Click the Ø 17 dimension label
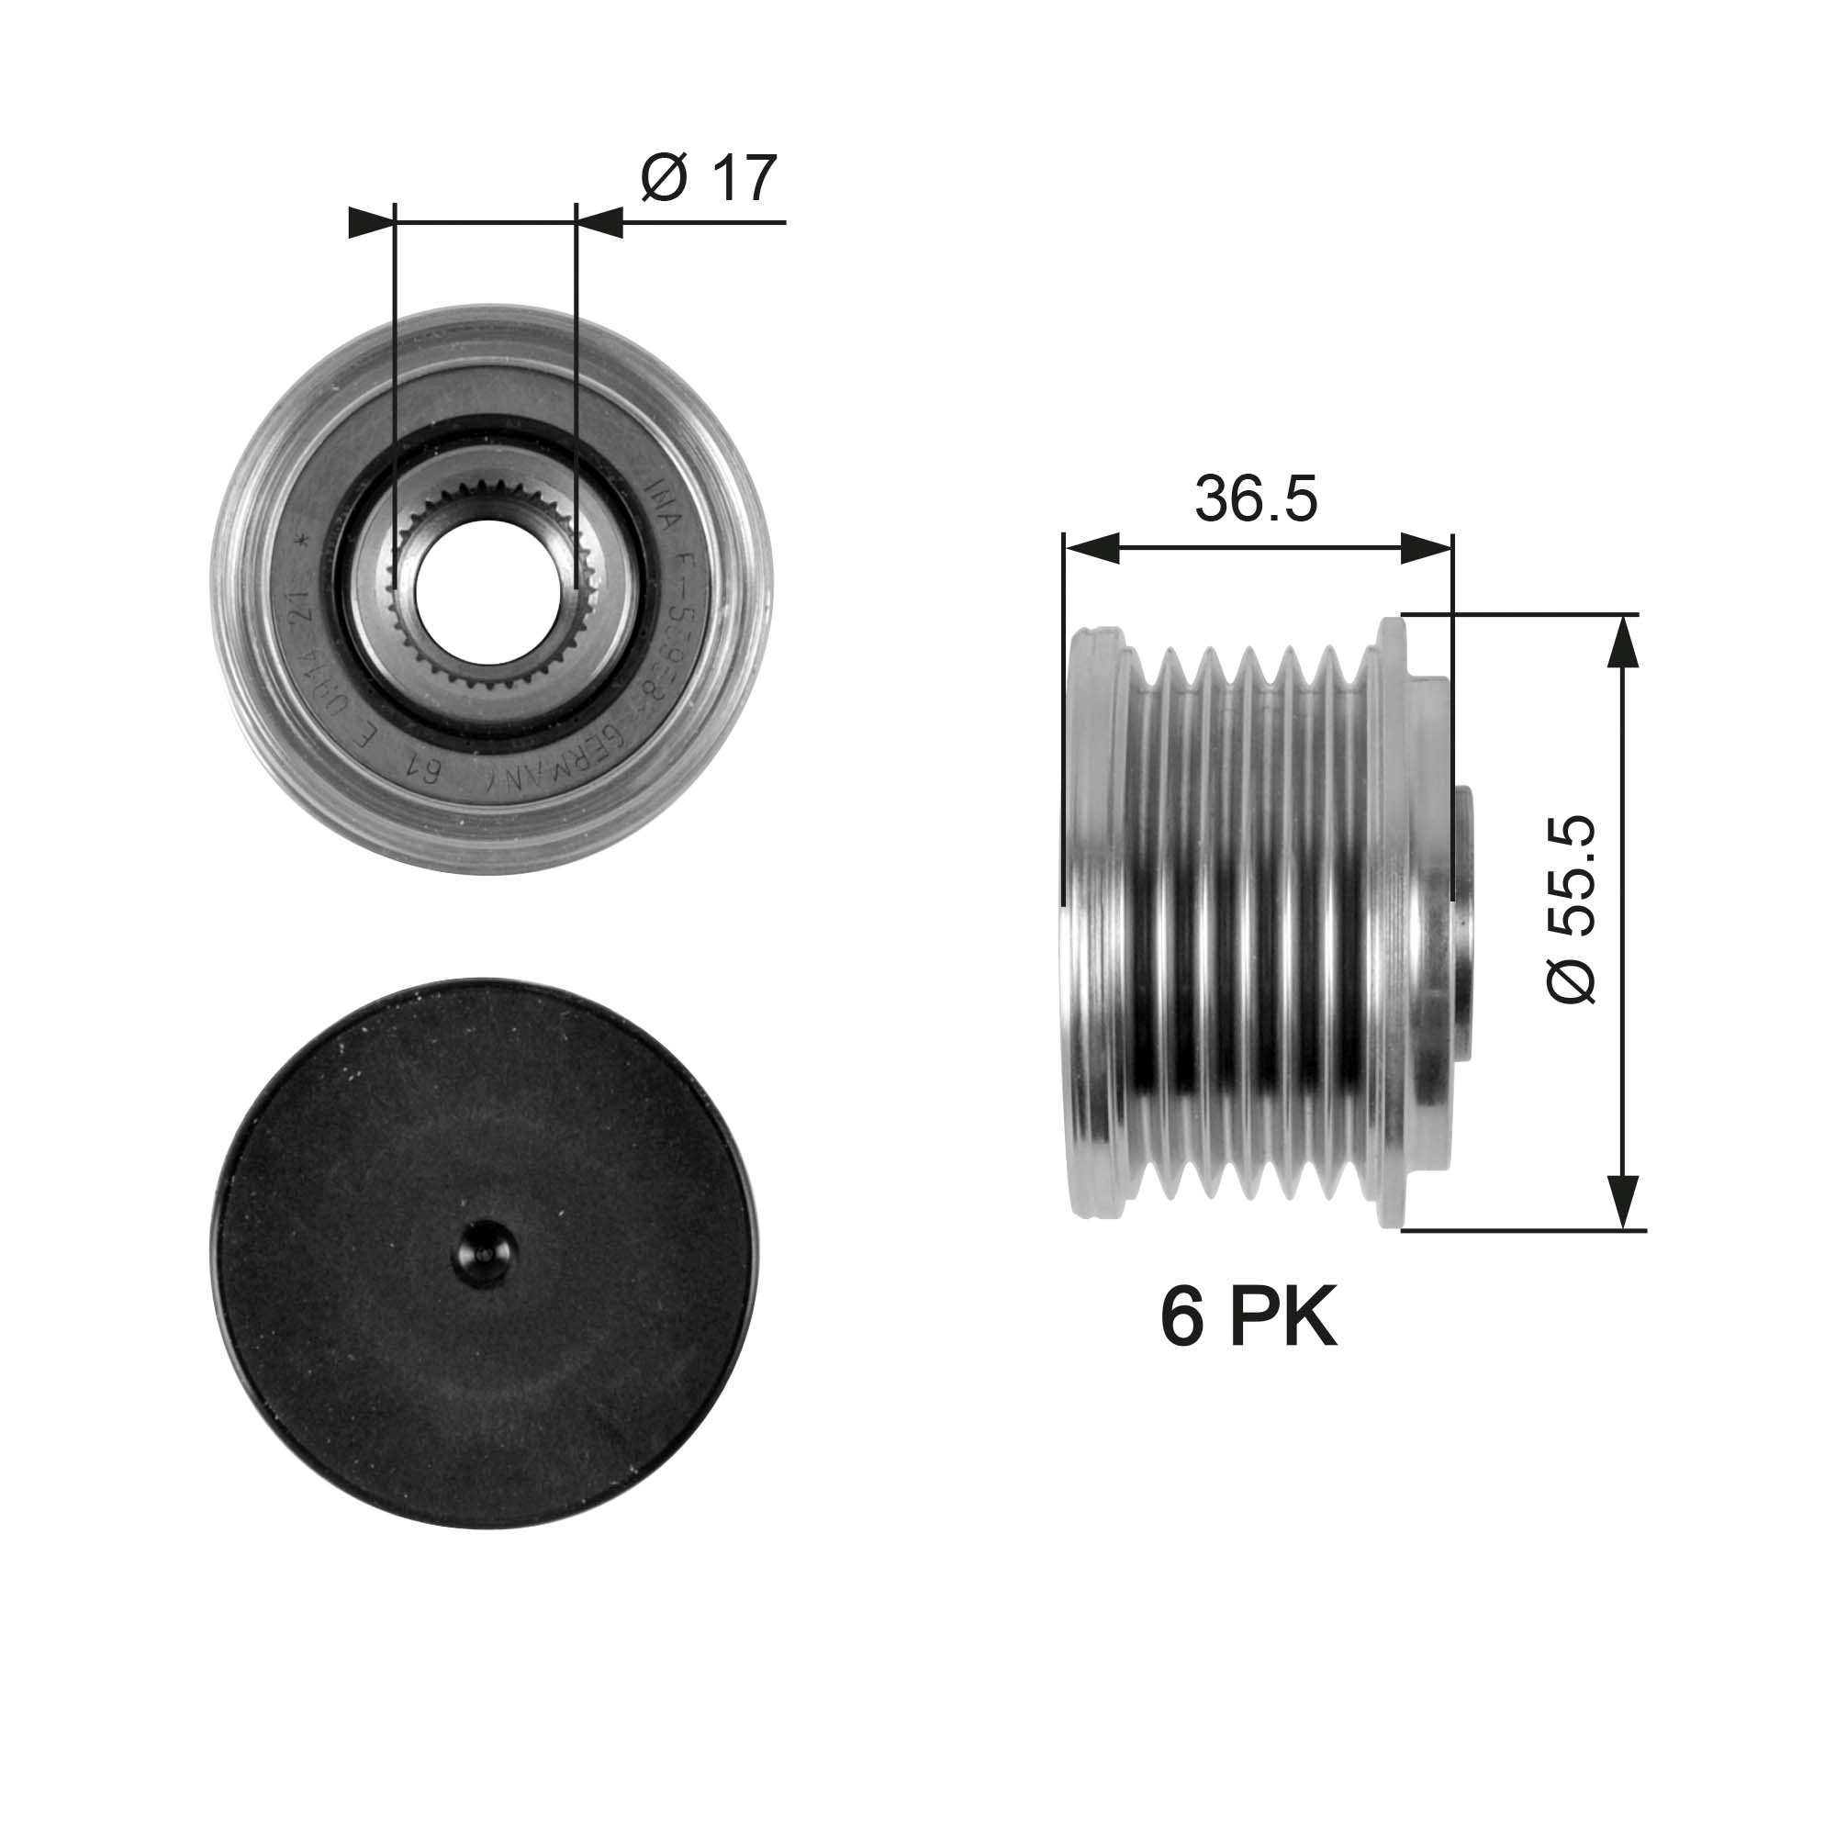pyautogui.click(x=709, y=177)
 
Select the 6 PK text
pyautogui.click(x=1248, y=1317)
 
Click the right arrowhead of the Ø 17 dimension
pyautogui.click(x=599, y=223)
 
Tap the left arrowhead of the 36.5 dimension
pyautogui.click(x=1092, y=548)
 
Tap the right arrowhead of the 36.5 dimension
pyautogui.click(x=1426, y=548)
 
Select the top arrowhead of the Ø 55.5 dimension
pyautogui.click(x=1623, y=642)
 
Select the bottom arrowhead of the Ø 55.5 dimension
pyautogui.click(x=1623, y=1203)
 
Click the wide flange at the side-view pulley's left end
pyautogui.click(x=1098, y=922)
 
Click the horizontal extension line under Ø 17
pyautogui.click(x=703, y=223)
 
